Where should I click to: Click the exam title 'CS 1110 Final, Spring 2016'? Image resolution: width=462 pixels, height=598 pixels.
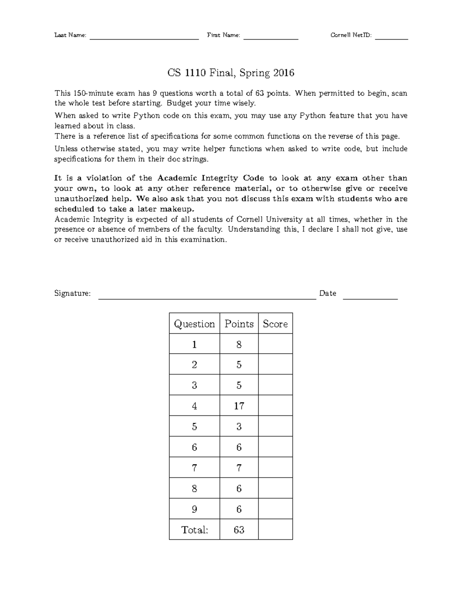point(231,73)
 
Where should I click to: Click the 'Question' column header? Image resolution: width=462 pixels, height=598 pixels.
point(194,324)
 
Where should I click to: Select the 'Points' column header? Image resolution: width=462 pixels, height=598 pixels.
point(239,324)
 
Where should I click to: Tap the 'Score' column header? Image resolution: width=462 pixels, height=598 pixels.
point(275,324)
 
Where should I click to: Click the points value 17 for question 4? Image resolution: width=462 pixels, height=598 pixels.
point(239,406)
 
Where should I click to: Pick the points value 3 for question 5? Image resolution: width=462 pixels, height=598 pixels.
point(239,427)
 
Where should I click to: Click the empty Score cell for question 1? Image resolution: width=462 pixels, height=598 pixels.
point(275,344)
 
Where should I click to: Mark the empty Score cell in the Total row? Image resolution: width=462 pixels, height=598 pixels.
point(275,529)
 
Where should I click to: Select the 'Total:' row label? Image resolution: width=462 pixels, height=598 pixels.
point(194,530)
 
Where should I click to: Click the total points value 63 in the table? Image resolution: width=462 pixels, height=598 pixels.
point(239,530)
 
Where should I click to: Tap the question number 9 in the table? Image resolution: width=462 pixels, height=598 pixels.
point(194,509)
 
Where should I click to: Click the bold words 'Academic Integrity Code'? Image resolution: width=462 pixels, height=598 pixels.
point(211,178)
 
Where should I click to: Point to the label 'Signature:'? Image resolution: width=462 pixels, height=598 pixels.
point(73,294)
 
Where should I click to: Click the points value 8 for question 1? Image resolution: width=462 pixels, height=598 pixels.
point(239,344)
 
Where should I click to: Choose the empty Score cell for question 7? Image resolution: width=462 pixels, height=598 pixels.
point(275,468)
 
